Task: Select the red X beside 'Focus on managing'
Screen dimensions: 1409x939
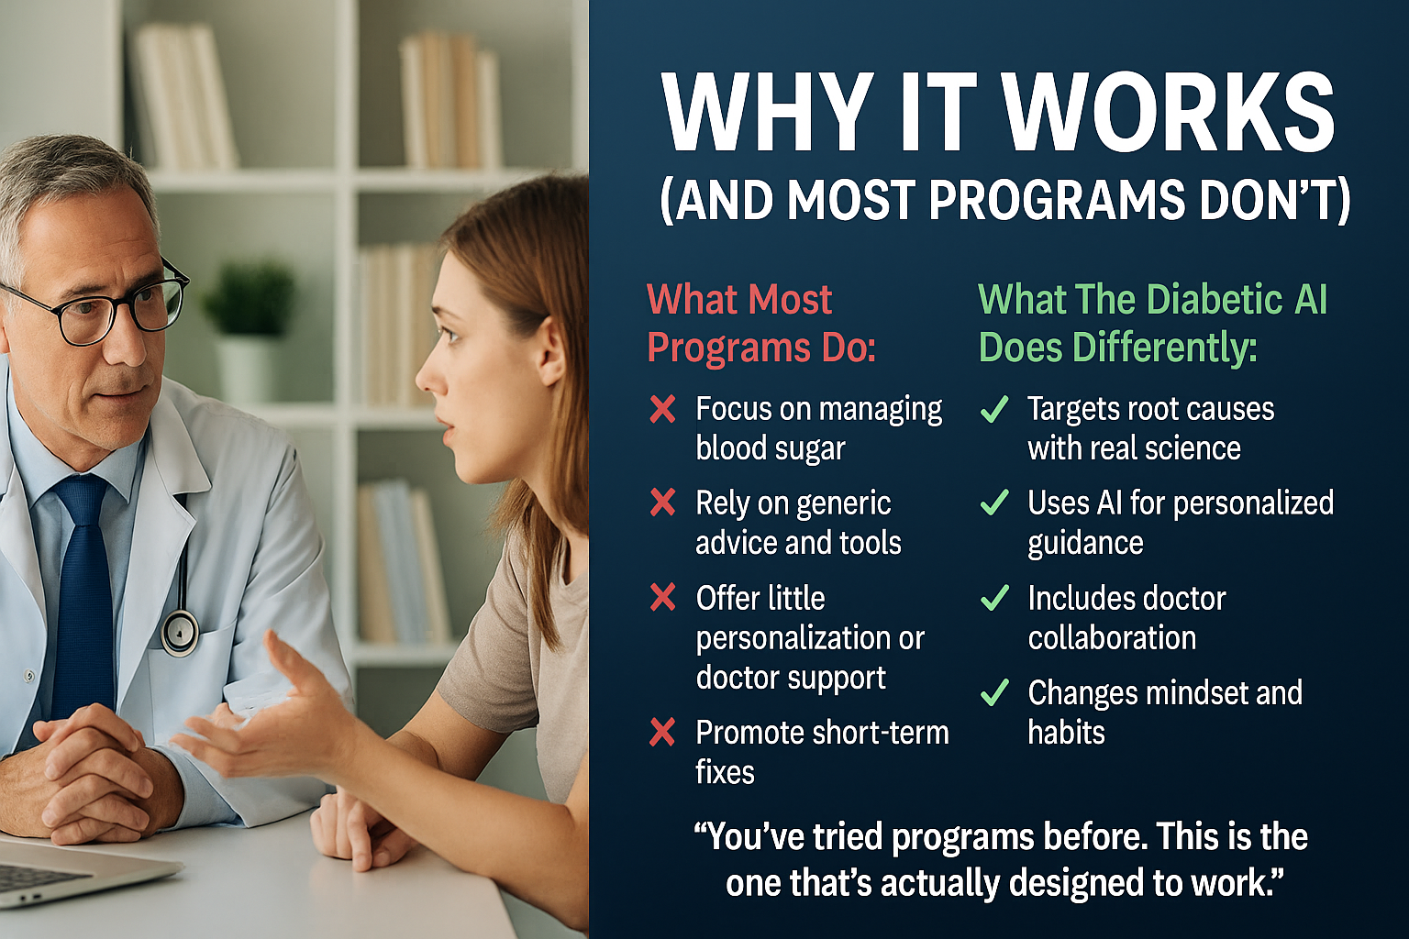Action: pos(662,409)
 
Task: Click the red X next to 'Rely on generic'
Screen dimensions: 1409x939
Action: pos(662,503)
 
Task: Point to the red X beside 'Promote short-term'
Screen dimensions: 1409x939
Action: pos(662,733)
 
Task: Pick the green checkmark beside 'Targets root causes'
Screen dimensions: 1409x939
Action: pos(994,409)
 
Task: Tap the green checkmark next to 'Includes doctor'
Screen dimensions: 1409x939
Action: pos(994,598)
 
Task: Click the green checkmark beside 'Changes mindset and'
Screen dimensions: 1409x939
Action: pos(994,692)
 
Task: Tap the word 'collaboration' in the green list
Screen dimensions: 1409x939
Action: pos(1112,637)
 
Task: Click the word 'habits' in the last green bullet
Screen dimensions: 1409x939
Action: pos(1066,732)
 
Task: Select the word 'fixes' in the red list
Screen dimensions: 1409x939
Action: pos(725,772)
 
